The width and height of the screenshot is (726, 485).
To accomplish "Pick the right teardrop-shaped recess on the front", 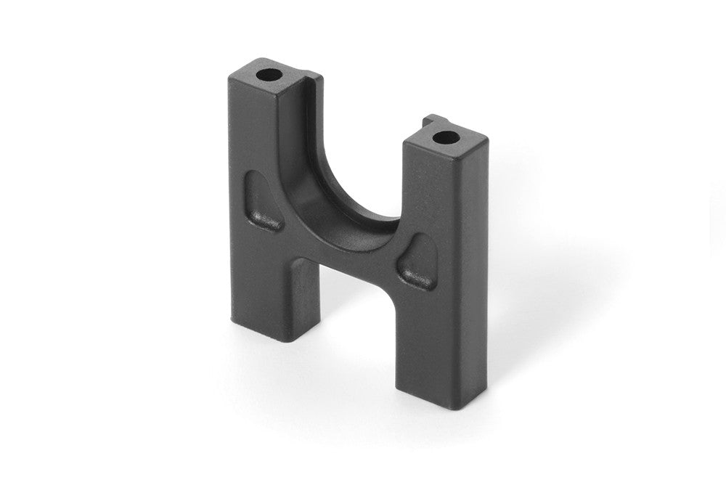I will click(x=420, y=262).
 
